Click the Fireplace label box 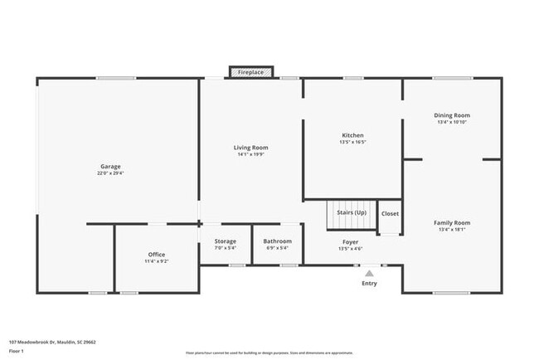click(x=250, y=73)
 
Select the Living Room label click(x=250, y=148)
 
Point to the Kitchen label click(x=353, y=135)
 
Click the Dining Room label click(x=452, y=115)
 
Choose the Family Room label click(x=452, y=222)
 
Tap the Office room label click(x=157, y=255)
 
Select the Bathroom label click(x=278, y=241)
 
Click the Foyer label click(x=350, y=242)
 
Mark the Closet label click(x=390, y=214)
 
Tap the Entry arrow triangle click(x=369, y=273)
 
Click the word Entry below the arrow click(x=369, y=284)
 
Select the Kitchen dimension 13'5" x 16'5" click(x=353, y=142)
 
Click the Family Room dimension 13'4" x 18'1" click(x=452, y=229)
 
